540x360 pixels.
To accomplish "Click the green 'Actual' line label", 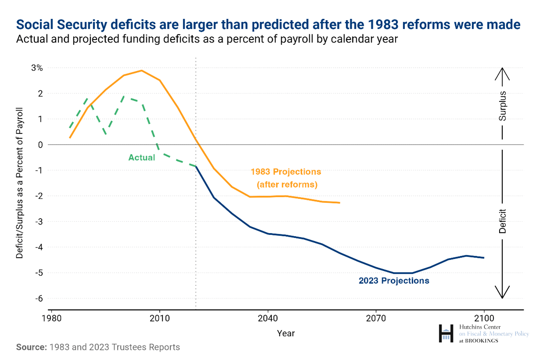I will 141,157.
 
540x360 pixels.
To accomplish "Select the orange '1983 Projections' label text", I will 286,171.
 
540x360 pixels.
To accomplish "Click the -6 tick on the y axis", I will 38,298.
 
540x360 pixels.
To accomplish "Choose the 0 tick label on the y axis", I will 40,144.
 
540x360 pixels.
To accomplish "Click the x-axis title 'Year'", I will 286,333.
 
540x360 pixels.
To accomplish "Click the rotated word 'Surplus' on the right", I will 503,106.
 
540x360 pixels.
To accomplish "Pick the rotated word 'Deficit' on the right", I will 503,221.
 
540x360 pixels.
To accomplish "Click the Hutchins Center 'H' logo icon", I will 446,334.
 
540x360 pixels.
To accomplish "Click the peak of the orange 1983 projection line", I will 141,70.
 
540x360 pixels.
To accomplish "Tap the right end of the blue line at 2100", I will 483,258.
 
